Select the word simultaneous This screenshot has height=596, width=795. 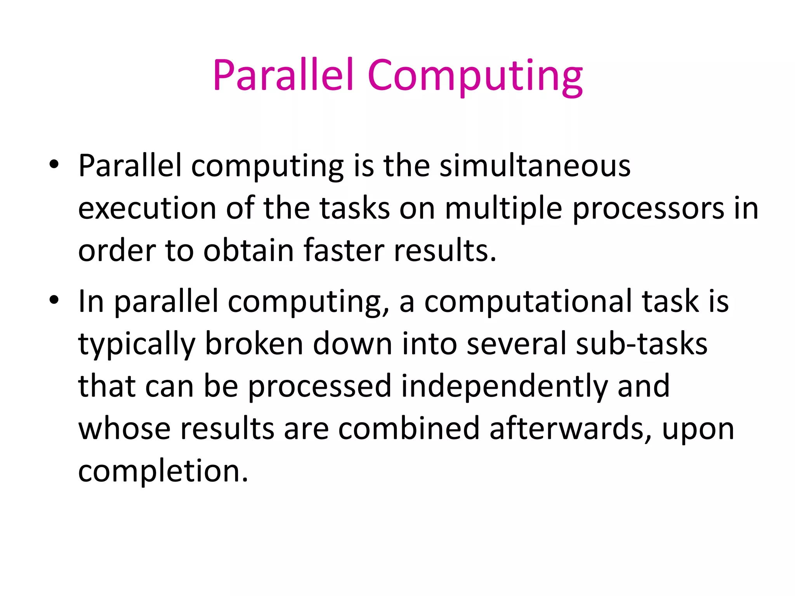point(535,166)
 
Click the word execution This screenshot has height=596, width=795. point(147,209)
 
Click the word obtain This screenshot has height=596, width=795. point(248,251)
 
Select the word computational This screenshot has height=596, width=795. point(528,302)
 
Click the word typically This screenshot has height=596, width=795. point(137,345)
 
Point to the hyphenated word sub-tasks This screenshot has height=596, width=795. point(641,344)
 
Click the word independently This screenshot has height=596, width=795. point(504,386)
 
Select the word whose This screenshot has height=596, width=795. point(124,429)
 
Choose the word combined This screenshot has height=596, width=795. point(409,428)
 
